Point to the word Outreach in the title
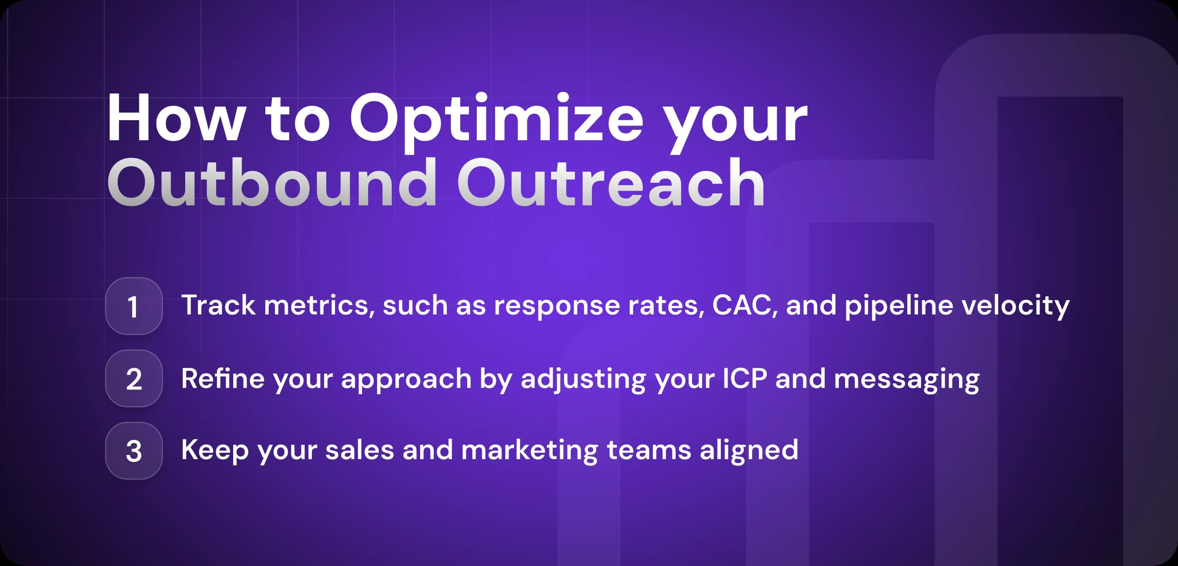pyautogui.click(x=611, y=183)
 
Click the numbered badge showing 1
pyautogui.click(x=133, y=306)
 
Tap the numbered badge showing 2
pyautogui.click(x=133, y=379)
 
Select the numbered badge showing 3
pyautogui.click(x=133, y=451)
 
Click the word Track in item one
pyautogui.click(x=218, y=305)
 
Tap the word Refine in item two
pyautogui.click(x=223, y=379)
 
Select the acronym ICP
pyautogui.click(x=745, y=379)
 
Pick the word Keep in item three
pyautogui.click(x=214, y=450)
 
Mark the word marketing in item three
pyautogui.click(x=529, y=450)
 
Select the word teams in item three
pyautogui.click(x=649, y=450)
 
